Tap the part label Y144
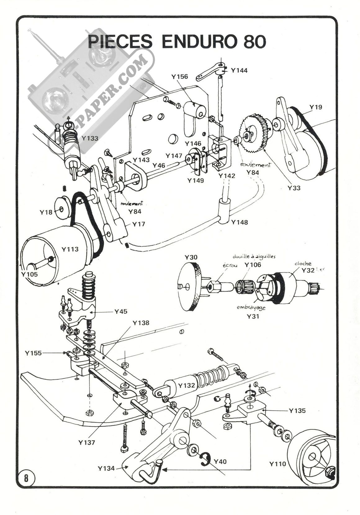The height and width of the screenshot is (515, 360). [x=239, y=70]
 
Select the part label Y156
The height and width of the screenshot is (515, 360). [x=180, y=77]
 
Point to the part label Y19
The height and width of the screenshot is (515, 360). [x=316, y=107]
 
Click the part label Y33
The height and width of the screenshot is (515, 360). [x=294, y=188]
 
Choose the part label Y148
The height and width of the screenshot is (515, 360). [x=239, y=222]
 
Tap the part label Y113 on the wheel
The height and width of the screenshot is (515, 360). [x=70, y=249]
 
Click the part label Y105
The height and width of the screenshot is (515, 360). [x=29, y=274]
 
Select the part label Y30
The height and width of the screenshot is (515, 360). [x=191, y=257]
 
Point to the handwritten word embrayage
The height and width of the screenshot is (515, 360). [x=251, y=308]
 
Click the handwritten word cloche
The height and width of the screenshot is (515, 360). [x=303, y=264]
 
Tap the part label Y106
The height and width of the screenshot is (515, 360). [x=253, y=264]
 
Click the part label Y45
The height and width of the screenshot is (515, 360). [x=121, y=311]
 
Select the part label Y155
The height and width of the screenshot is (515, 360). [x=33, y=353]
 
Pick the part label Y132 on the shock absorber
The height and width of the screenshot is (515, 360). [x=187, y=386]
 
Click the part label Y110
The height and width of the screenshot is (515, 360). [x=278, y=464]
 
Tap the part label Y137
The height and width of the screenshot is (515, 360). [x=87, y=442]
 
